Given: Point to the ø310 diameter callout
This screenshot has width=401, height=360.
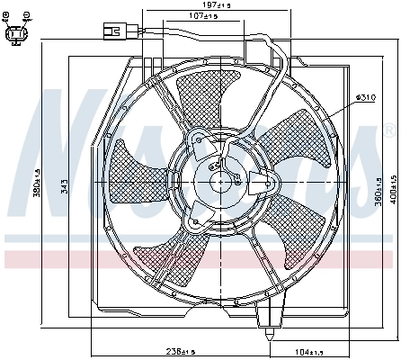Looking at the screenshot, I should [365, 96].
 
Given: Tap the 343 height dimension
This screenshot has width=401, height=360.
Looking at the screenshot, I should [64, 185].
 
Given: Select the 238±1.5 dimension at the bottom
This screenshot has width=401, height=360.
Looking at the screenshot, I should [170, 351].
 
